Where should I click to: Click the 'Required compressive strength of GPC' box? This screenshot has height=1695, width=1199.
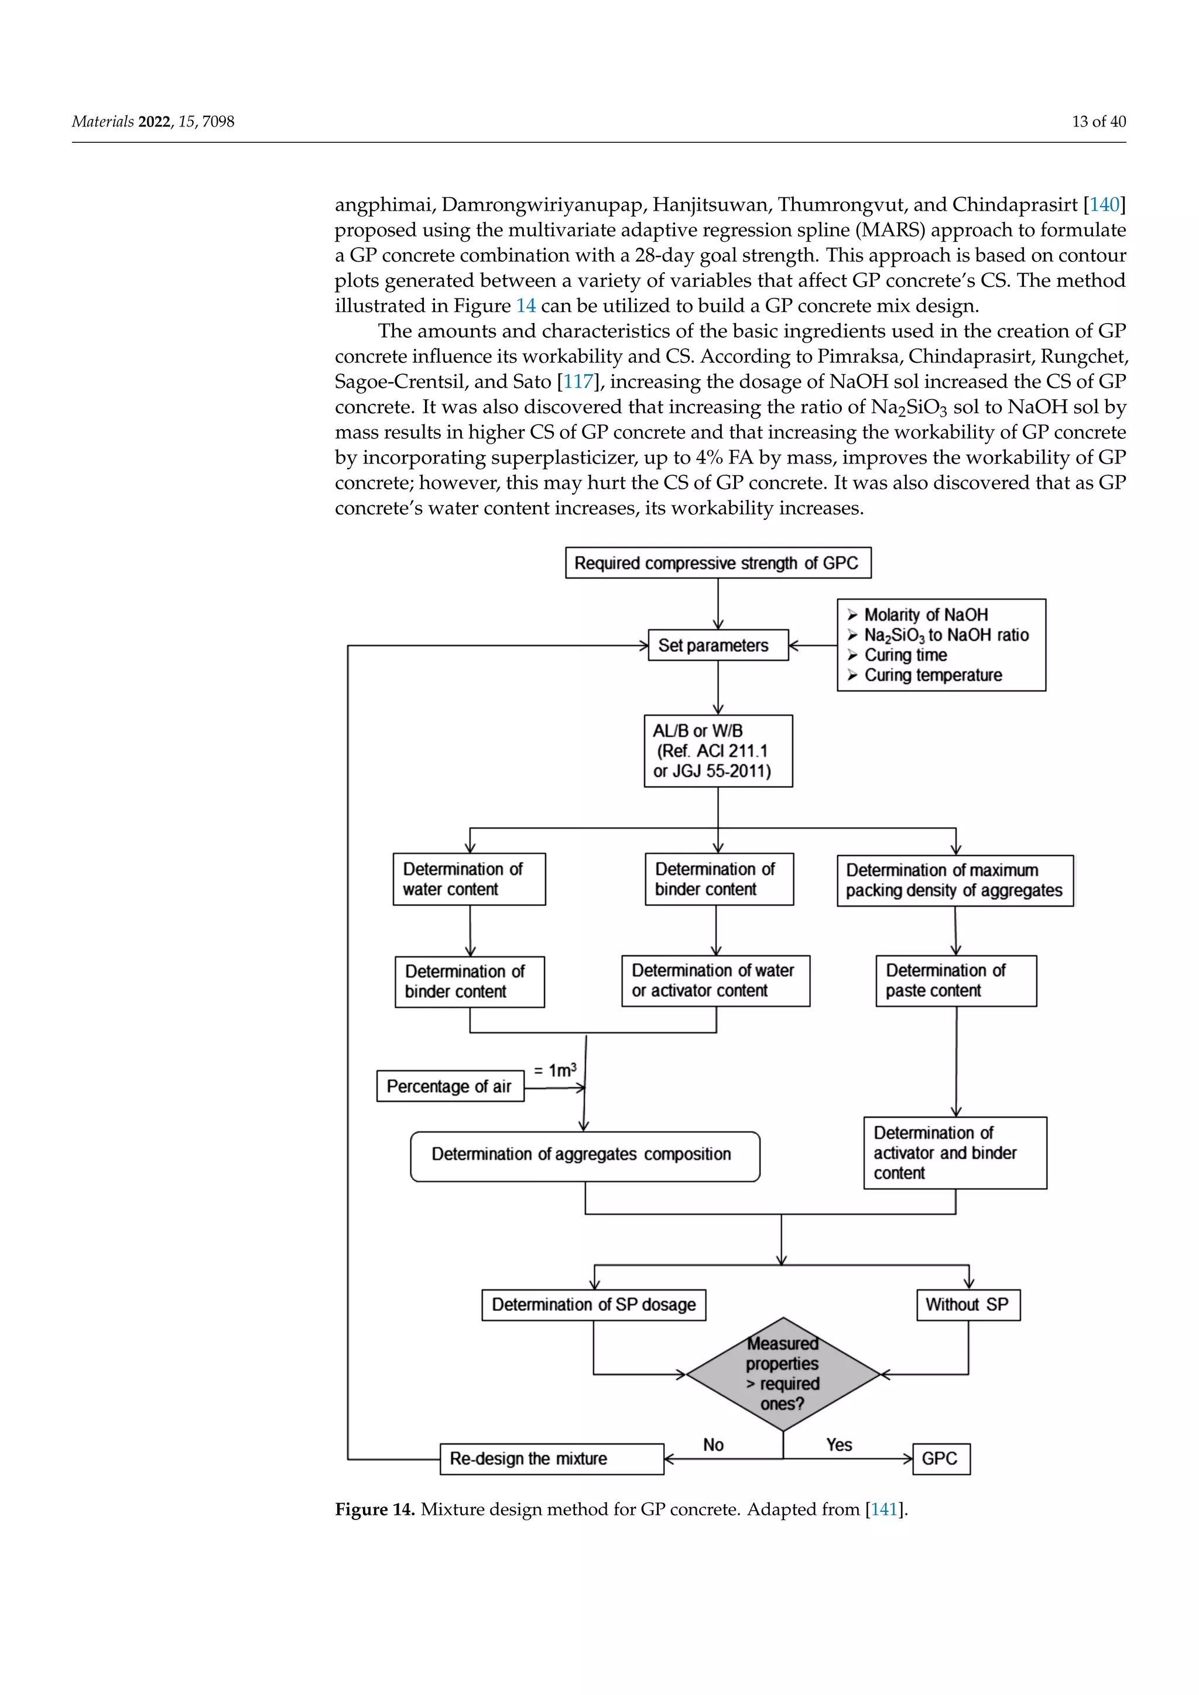[x=718, y=562]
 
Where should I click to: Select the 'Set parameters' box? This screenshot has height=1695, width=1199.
[x=718, y=645]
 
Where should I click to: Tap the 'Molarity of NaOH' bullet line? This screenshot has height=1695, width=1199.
[x=925, y=615]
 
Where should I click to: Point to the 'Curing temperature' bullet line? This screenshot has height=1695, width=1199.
[x=933, y=675]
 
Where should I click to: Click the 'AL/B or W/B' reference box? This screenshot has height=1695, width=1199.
[x=718, y=751]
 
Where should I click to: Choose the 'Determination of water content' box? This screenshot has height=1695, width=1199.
[x=469, y=879]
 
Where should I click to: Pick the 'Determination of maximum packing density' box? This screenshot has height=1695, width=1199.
[x=955, y=881]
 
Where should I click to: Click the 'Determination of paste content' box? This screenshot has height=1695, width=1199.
[x=955, y=981]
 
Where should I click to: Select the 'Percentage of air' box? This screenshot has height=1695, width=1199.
[x=450, y=1086]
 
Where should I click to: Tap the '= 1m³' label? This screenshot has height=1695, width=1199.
[x=554, y=1070]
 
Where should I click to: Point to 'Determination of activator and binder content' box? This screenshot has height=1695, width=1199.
[x=955, y=1152]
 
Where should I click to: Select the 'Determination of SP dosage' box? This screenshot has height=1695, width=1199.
[x=594, y=1305]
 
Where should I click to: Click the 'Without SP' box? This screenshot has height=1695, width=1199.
[x=967, y=1305]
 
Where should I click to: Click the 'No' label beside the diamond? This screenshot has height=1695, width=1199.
[x=713, y=1444]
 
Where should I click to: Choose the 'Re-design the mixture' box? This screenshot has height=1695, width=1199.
[x=551, y=1459]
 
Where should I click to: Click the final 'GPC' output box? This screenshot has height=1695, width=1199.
[x=941, y=1459]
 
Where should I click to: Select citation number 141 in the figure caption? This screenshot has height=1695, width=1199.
[x=885, y=1509]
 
